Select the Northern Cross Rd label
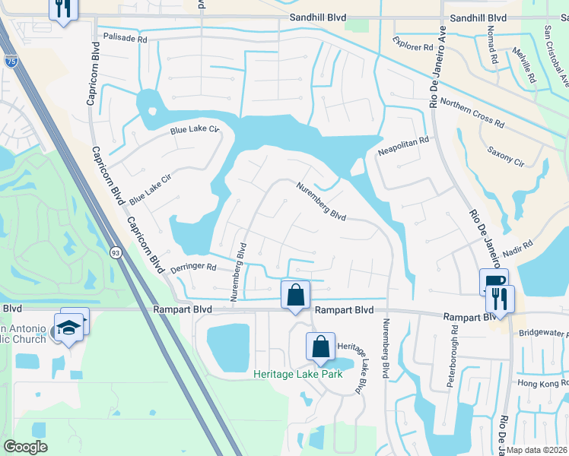472,113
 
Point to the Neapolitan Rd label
404,141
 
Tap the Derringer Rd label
195,268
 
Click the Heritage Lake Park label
298,374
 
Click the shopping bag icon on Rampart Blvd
295,294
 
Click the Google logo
25,447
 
